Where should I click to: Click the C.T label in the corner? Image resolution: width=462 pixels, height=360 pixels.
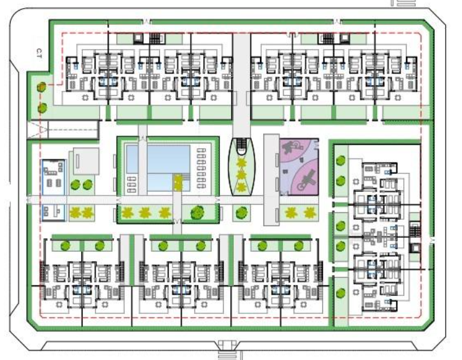(x=39, y=54)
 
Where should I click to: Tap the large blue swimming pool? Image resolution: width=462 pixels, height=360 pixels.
(x=168, y=168)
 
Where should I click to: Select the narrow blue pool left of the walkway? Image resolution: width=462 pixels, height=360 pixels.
(x=132, y=159)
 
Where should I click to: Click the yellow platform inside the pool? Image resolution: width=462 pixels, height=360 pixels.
(x=178, y=182)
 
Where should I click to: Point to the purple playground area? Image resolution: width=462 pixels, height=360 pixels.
(x=299, y=167)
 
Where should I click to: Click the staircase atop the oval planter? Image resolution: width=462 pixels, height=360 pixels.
(x=241, y=144)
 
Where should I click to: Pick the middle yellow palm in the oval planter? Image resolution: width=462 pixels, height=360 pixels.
(x=241, y=175)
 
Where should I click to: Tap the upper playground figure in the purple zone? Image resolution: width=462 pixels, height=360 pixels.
(x=292, y=146)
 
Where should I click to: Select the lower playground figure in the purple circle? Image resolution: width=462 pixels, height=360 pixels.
(x=306, y=181)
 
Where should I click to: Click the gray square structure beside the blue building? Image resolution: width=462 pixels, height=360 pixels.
(x=86, y=161)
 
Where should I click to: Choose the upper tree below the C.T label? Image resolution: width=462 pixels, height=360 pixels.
(x=42, y=87)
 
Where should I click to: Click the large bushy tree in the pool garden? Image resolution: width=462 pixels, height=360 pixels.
(x=197, y=212)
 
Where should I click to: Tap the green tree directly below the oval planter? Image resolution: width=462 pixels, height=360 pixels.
(x=241, y=212)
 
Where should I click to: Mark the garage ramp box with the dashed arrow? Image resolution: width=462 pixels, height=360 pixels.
(x=62, y=130)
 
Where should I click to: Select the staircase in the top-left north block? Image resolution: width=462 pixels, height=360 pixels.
(x=155, y=39)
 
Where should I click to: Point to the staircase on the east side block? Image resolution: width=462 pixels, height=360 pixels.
(x=415, y=229)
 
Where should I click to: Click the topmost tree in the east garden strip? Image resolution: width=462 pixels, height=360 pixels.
(x=341, y=161)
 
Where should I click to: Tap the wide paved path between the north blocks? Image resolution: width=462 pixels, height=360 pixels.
(x=241, y=85)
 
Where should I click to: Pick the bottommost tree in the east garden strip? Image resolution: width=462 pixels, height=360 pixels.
(x=341, y=293)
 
